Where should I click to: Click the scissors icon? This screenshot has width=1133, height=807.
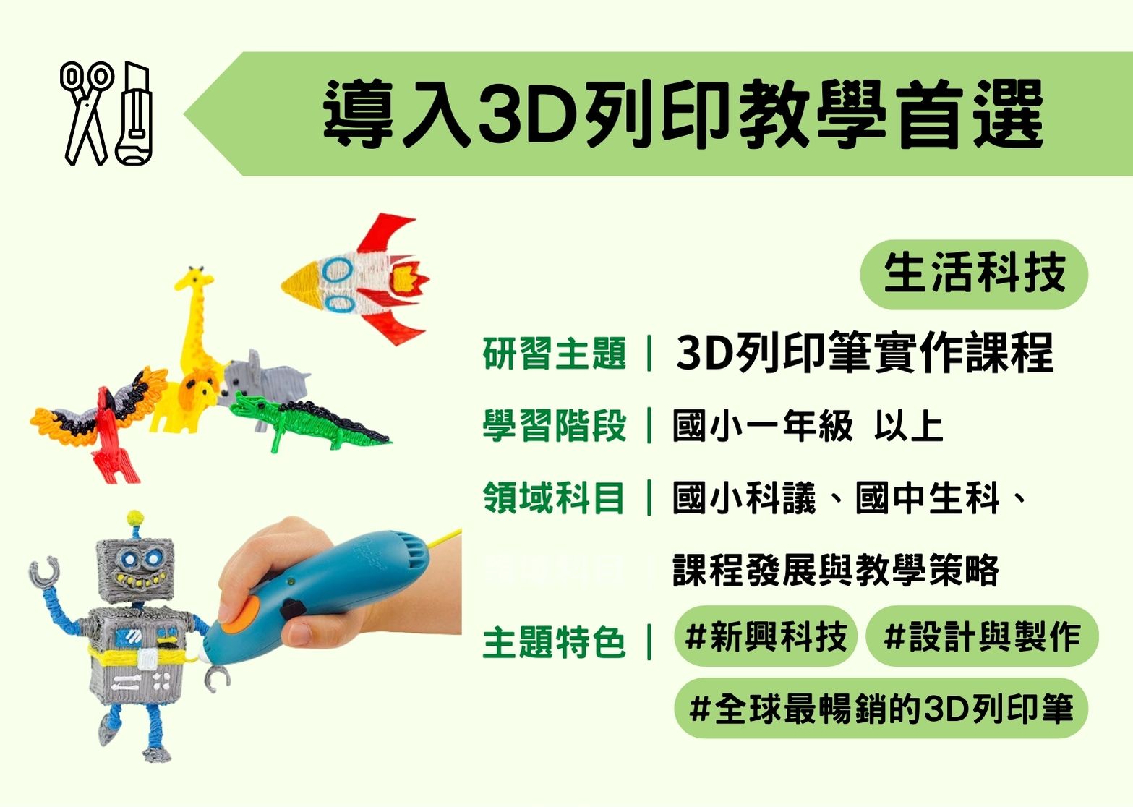(86, 114)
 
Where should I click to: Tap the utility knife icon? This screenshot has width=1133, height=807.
(134, 114)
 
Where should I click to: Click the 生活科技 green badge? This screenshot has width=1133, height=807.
(974, 274)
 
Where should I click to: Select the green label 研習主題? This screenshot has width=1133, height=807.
(555, 353)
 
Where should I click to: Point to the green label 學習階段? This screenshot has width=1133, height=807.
(555, 425)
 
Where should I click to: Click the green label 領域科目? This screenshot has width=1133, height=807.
(555, 498)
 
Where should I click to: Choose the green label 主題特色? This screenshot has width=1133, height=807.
(555, 643)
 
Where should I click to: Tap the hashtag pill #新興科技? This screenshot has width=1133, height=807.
(765, 636)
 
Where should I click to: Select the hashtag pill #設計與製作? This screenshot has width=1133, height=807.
(983, 636)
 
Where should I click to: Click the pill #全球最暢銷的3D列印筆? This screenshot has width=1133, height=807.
(881, 709)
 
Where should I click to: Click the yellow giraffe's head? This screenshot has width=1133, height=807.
(194, 281)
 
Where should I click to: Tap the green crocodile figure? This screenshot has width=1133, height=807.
(309, 422)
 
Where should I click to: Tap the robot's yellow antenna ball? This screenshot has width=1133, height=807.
(135, 518)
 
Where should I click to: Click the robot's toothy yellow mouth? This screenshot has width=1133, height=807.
(137, 578)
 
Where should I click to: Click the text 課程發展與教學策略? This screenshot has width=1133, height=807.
(836, 571)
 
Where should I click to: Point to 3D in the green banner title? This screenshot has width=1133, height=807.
(528, 114)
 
